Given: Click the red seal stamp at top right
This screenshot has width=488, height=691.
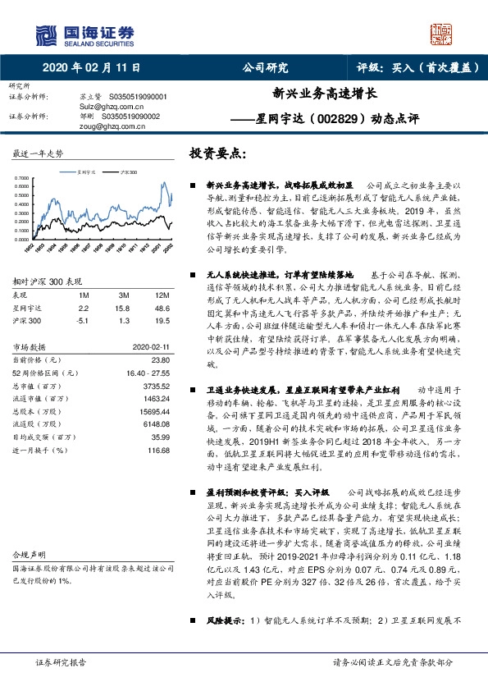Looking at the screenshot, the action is click(x=443, y=34).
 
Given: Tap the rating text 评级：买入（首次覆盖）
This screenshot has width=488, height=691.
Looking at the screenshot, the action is click(x=413, y=68).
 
